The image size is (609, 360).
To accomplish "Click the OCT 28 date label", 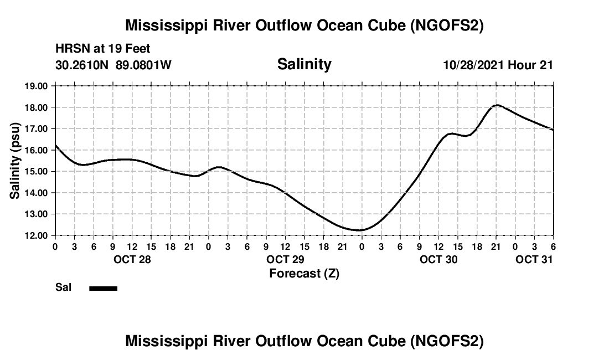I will (133, 259).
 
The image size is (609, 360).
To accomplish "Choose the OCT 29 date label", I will (286, 259).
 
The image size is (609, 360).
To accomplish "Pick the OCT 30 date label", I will (438, 259).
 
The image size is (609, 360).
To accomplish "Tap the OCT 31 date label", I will (534, 259).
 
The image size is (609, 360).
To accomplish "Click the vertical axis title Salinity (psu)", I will (15, 161).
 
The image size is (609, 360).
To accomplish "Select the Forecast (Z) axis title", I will (304, 273).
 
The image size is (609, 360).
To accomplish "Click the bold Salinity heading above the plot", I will (304, 64).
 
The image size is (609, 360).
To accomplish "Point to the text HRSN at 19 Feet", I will (103, 49).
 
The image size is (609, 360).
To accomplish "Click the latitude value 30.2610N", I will (82, 65).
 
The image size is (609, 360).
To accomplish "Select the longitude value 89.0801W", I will (143, 65).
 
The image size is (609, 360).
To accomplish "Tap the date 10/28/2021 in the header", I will (474, 65).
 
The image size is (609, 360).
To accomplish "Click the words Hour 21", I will (531, 65).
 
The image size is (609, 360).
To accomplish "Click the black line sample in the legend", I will (104, 288).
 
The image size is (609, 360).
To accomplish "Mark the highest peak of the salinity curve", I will (497, 105).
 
